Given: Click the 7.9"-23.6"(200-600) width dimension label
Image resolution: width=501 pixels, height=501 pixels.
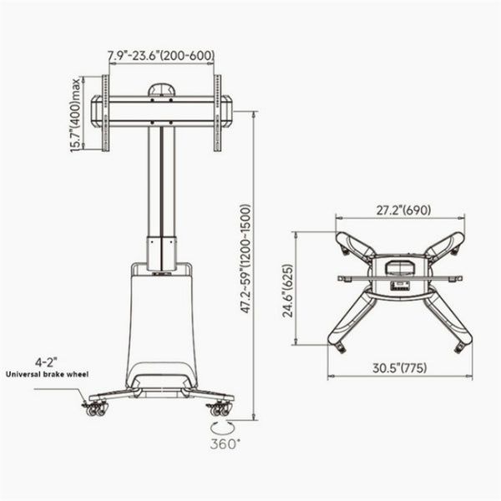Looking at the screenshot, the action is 160,55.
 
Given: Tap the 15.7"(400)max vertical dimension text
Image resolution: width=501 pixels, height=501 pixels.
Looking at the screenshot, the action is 75,115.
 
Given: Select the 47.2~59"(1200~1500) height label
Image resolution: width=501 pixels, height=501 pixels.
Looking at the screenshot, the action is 246,259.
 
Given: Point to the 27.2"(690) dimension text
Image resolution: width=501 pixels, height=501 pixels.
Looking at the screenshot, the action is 403,210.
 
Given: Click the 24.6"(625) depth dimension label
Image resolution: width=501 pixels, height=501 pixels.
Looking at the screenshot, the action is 287,291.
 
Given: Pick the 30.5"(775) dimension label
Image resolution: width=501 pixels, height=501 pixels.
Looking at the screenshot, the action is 399,367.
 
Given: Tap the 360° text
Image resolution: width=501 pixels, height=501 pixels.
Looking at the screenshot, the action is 225,443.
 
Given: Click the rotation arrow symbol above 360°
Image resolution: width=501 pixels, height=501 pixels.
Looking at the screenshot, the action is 222,428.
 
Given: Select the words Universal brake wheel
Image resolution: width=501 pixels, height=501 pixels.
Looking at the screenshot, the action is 48,374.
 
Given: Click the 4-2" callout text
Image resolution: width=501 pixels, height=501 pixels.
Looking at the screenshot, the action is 46,362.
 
